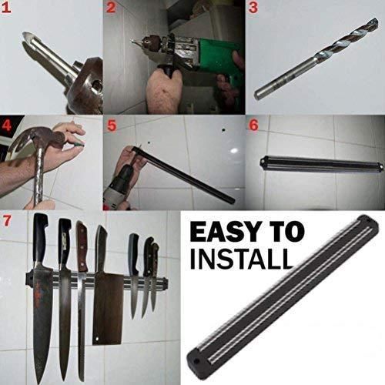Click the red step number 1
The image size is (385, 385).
point(6,8)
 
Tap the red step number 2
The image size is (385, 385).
point(111,8)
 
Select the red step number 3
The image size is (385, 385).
point(253,8)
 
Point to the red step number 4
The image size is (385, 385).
point(6,126)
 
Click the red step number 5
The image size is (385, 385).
point(112,126)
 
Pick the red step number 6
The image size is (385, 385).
point(253,125)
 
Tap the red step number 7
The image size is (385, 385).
point(7,220)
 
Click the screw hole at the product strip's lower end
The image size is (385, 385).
point(196,361)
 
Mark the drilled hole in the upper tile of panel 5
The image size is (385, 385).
point(223,130)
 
